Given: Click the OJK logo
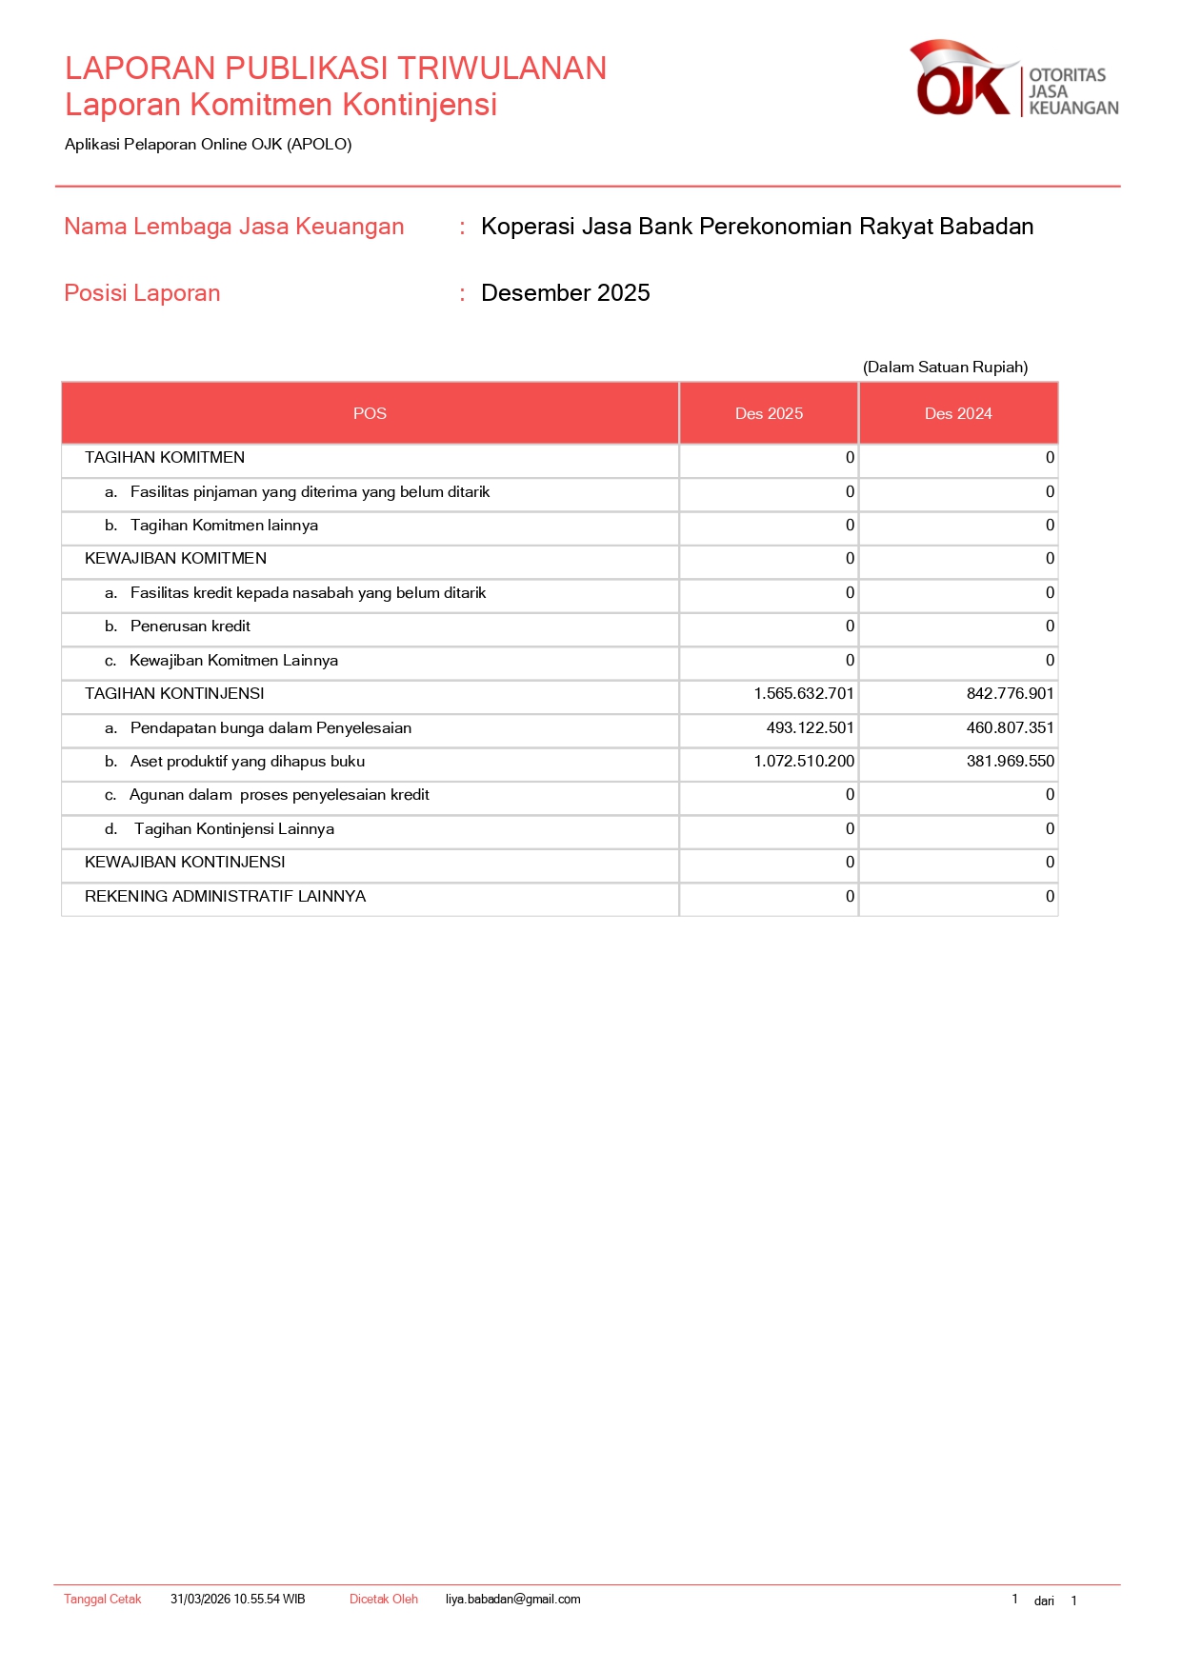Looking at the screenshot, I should pyautogui.click(x=1013, y=79).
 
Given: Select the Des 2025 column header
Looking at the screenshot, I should pyautogui.click(x=769, y=413).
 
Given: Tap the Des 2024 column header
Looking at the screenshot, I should pyautogui.click(x=958, y=413).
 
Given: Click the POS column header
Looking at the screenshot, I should pyautogui.click(x=370, y=413).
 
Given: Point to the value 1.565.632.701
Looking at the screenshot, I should pyautogui.click(x=804, y=694).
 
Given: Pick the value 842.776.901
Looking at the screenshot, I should pyautogui.click(x=1010, y=694).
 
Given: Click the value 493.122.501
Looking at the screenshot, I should pyautogui.click(x=810, y=728).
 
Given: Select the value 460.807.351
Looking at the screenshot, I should pyautogui.click(x=1010, y=728).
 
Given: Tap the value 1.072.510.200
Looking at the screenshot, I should pyautogui.click(x=804, y=762).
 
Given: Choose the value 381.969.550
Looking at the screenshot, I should pyautogui.click(x=1010, y=762).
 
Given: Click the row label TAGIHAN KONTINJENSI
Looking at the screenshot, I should pyautogui.click(x=174, y=694).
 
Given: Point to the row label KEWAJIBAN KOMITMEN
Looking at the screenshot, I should pyautogui.click(x=175, y=559).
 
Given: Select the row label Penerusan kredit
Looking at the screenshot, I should pyautogui.click(x=190, y=626).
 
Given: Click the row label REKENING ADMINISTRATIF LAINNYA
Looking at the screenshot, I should pyautogui.click(x=225, y=897).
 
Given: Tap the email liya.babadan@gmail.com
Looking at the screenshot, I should pyautogui.click(x=512, y=1600).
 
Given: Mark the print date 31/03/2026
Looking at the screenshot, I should pyautogui.click(x=200, y=1600).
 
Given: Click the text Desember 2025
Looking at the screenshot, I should pyautogui.click(x=565, y=293).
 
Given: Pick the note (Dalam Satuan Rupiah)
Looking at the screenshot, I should pyautogui.click(x=945, y=368).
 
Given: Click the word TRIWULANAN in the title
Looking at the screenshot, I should pyautogui.click(x=502, y=69).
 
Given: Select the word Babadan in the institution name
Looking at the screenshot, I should pyautogui.click(x=986, y=227).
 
